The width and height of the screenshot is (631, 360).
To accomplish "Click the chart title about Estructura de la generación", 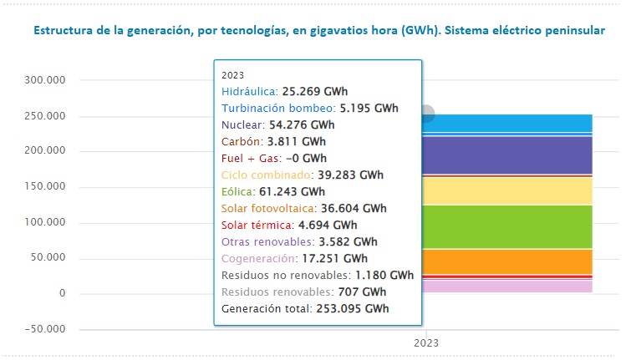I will pos(318,31).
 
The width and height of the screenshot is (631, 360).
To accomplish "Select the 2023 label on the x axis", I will pos(427,342).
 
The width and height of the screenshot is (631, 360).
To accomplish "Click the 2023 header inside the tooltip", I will pos(233,74).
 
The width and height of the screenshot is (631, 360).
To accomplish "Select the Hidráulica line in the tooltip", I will pos(284,91).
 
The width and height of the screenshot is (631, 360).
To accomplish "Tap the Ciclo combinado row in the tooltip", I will pos(302,175).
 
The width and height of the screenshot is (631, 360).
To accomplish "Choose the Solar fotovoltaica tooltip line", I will pos(304,208).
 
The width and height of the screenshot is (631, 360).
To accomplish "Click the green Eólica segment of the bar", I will pos(510,226).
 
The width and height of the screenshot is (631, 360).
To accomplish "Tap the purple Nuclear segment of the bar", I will pos(510,155).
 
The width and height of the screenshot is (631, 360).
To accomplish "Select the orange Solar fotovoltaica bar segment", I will pos(510,261).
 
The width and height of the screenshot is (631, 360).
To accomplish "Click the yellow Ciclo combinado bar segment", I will pos(510,190).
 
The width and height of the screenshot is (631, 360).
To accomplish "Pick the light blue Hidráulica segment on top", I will pos(510,123).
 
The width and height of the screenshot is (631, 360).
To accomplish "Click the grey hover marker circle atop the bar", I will pos(426,114).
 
